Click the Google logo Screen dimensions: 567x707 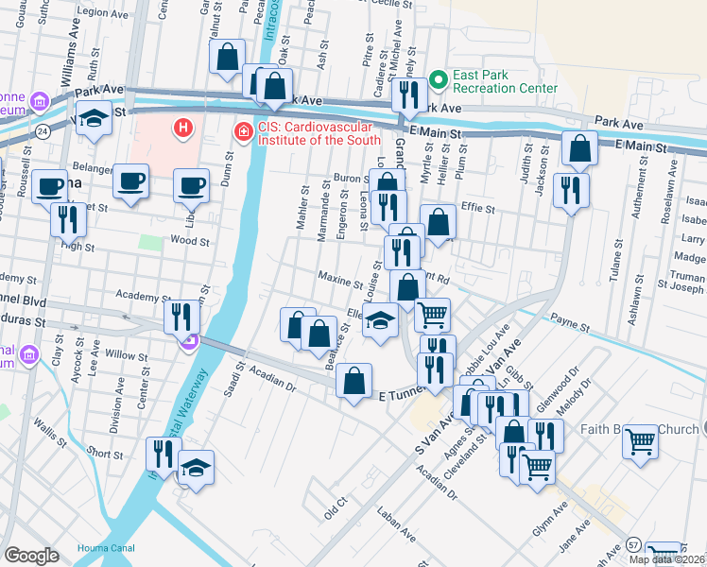point(31,556)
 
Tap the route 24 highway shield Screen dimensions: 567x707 point(43,131)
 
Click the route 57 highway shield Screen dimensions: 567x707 point(631,545)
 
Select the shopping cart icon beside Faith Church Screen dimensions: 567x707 point(640,441)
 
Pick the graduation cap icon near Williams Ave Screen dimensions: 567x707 point(94,120)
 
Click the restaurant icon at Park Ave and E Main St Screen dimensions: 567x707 point(409,95)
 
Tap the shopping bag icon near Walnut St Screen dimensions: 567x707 point(228,57)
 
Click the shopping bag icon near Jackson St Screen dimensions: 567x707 point(579,147)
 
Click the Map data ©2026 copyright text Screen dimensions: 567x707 point(667,559)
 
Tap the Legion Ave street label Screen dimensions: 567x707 point(104,12)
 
